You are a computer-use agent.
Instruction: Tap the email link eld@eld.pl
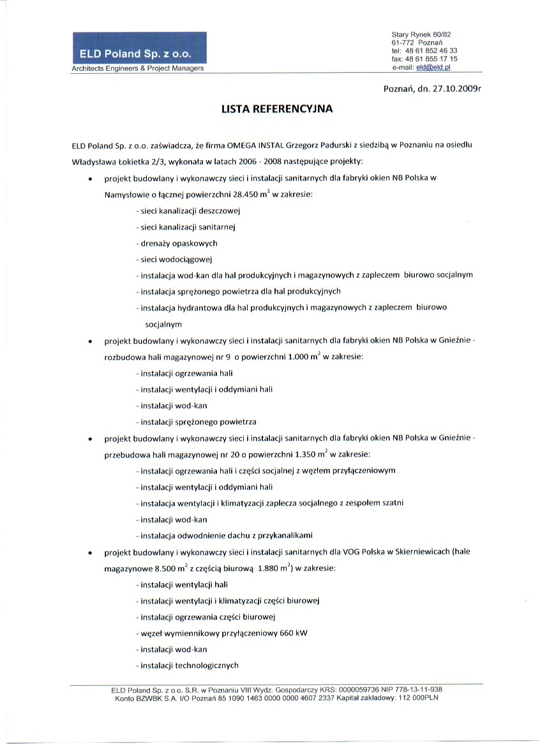(433, 66)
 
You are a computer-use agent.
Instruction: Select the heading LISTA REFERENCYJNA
(277, 109)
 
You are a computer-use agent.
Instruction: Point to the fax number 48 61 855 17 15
(431, 58)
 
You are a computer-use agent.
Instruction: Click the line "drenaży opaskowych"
(178, 243)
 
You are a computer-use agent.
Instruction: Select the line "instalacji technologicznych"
(188, 665)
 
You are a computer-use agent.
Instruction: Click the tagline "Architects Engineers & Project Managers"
(138, 68)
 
